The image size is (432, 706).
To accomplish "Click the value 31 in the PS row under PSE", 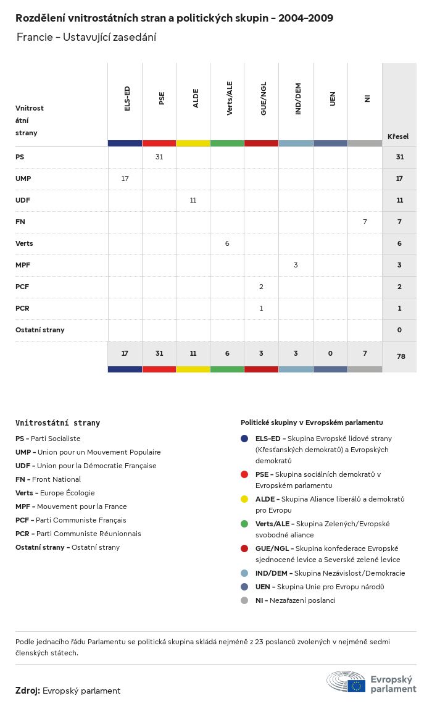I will click(x=159, y=157).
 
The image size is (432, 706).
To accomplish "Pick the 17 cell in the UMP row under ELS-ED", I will click(x=125, y=179).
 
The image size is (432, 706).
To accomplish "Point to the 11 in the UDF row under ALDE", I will click(x=193, y=200).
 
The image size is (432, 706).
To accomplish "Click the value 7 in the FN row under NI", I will click(x=365, y=221).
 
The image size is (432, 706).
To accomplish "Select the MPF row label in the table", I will click(x=23, y=265).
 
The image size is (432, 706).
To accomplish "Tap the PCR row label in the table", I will click(x=22, y=308).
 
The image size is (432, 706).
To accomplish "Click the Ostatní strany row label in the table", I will click(x=40, y=330).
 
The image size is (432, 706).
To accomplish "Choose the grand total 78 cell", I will click(x=399, y=356).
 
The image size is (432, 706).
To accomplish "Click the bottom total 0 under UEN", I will click(x=330, y=353).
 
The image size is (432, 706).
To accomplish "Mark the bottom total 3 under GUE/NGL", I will click(x=261, y=353).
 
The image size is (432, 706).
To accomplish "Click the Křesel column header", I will click(x=398, y=137).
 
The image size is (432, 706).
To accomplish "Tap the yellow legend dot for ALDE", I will click(x=245, y=499).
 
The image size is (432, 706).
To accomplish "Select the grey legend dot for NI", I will click(x=245, y=600).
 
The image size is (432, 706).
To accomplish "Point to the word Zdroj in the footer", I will click(x=27, y=691).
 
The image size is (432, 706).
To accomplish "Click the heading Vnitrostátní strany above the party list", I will click(x=57, y=423).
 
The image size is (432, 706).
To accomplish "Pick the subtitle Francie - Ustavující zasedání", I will click(x=86, y=37).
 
